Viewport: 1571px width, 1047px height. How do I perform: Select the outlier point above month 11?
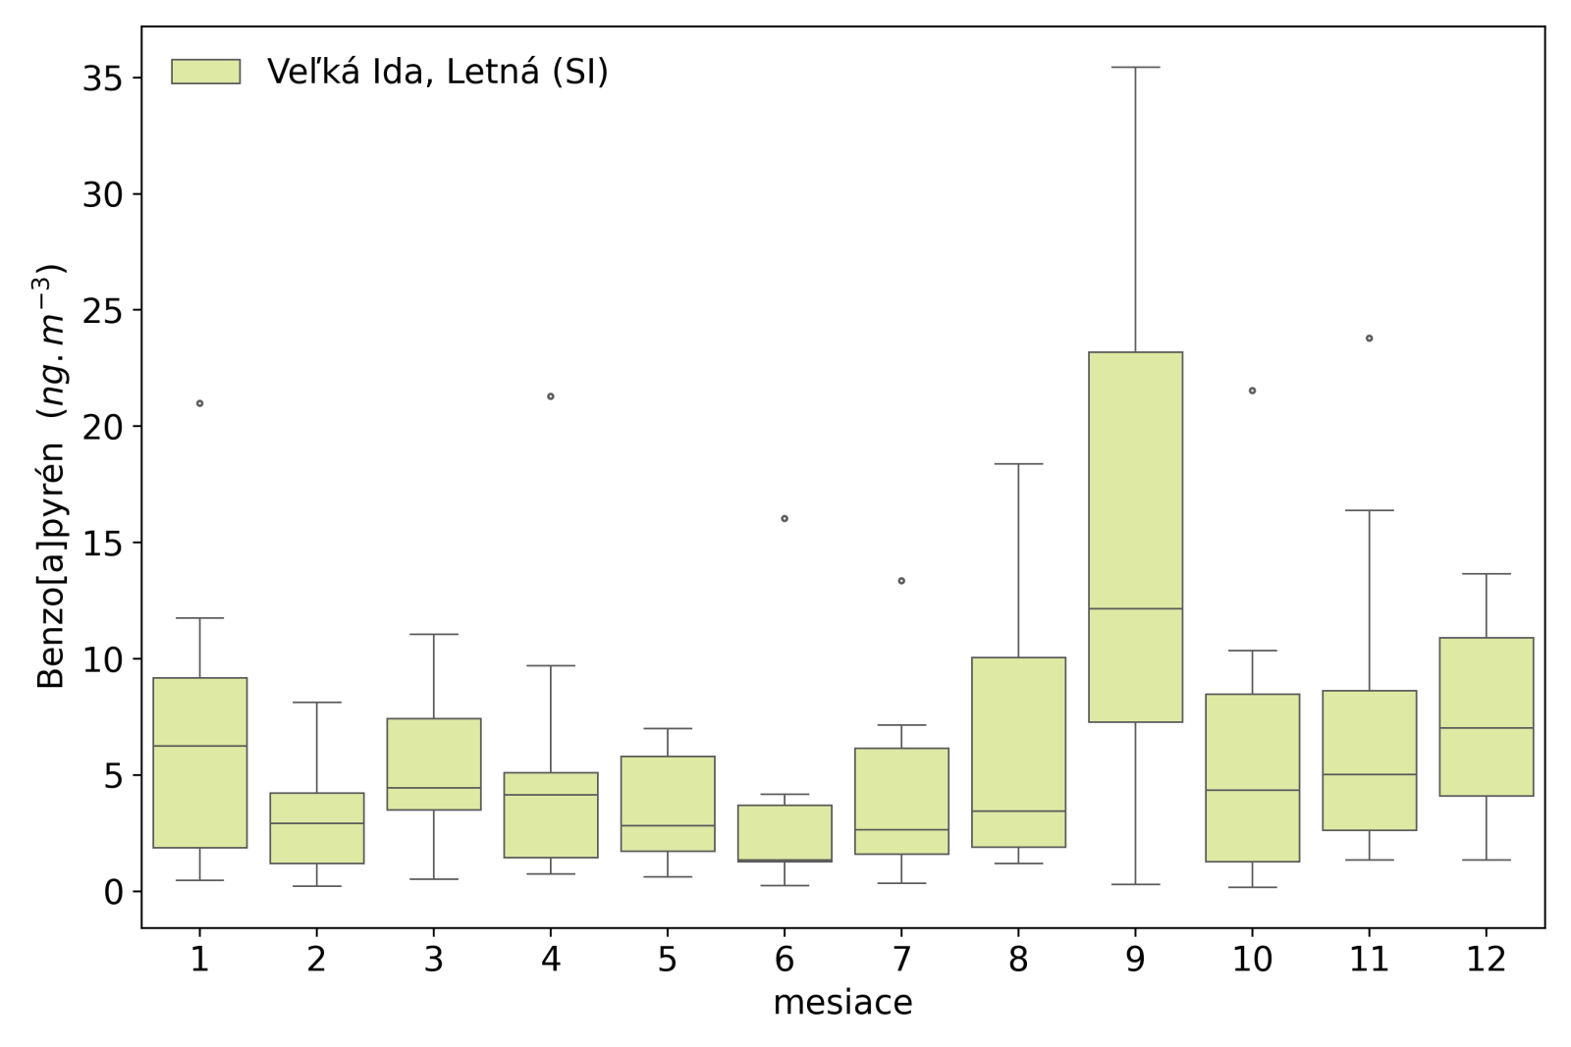pos(1369,339)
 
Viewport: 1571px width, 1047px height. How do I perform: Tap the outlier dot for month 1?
pos(200,403)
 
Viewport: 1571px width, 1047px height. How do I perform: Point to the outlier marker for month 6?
pos(785,518)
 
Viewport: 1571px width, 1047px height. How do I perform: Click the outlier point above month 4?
pos(551,396)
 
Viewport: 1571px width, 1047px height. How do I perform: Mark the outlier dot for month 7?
pos(901,581)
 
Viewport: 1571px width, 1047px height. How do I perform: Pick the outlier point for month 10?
pos(1252,391)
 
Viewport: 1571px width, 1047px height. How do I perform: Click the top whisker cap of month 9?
pos(1135,68)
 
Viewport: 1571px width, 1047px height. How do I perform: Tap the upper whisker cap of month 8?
pos(1018,464)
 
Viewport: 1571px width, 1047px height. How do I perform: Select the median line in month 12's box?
pos(1486,728)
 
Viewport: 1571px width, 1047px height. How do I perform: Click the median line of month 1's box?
pos(200,746)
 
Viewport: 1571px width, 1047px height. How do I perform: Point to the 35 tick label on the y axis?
pos(102,79)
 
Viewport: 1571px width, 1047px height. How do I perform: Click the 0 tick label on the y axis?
pos(114,892)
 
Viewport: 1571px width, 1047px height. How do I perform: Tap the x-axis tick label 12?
pos(1486,959)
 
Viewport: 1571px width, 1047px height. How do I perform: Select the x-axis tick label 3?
pos(434,959)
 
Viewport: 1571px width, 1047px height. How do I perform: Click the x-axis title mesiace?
pos(842,1003)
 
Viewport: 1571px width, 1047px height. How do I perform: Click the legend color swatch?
pos(206,72)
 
